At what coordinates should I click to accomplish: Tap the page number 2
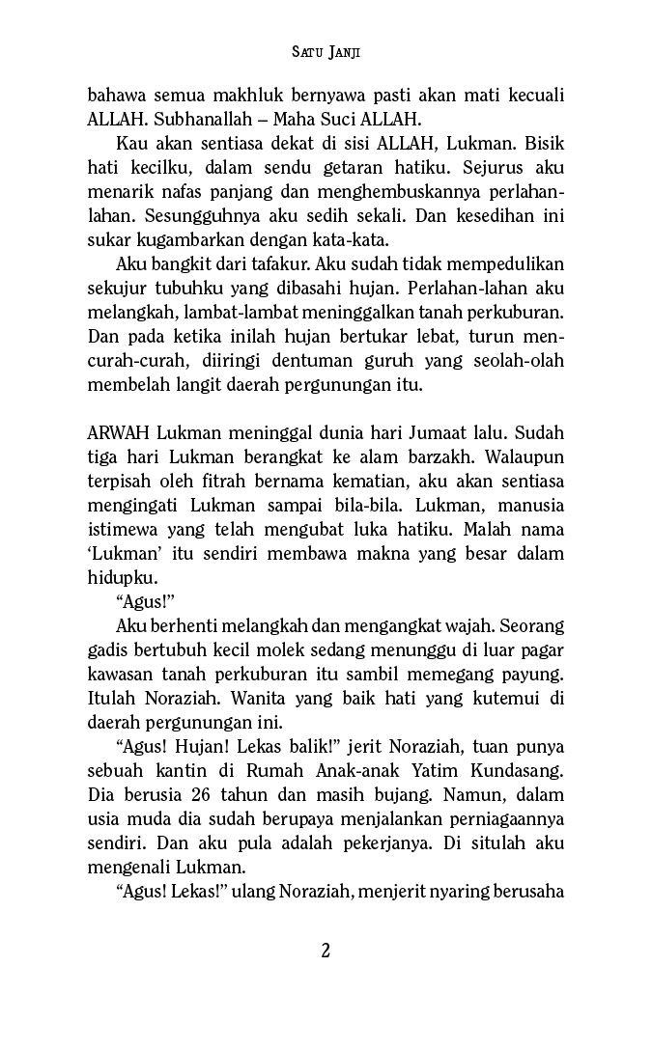click(326, 951)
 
